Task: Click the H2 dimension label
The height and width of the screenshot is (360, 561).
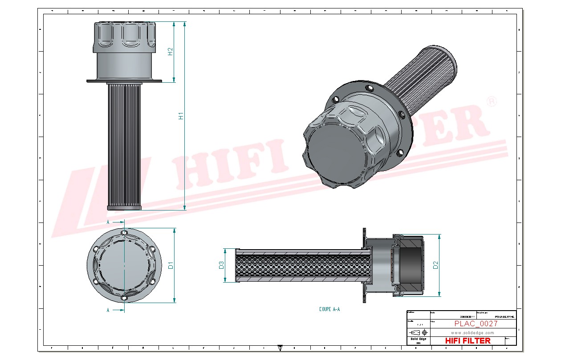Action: click(170, 52)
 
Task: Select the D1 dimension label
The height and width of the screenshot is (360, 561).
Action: click(170, 266)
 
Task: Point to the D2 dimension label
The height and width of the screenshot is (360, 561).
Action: click(436, 265)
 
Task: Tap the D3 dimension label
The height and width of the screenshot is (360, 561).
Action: click(221, 265)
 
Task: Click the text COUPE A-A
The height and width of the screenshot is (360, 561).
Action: click(329, 309)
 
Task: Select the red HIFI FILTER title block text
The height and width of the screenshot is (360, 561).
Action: click(468, 340)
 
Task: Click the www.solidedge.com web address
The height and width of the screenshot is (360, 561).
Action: click(472, 332)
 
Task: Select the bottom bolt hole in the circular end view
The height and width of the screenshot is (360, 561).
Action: click(124, 298)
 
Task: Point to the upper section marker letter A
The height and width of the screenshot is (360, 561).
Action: click(108, 221)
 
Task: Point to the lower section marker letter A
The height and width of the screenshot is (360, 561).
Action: click(108, 310)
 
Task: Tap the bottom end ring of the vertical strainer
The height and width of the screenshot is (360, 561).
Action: click(124, 207)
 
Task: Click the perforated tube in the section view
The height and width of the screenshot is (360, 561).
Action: click(303, 265)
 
